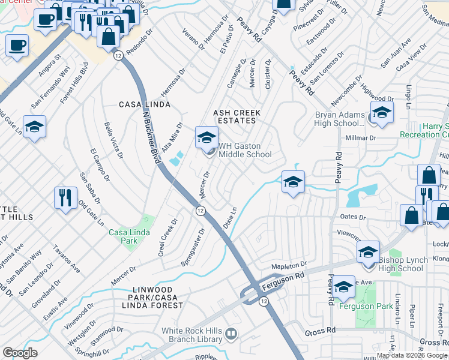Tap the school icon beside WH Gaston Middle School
coord(206,137)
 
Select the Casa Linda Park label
coord(123,236)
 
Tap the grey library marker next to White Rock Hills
coord(231,333)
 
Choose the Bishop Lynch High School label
coord(401,265)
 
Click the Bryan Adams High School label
coord(340,119)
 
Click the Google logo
coord(20,353)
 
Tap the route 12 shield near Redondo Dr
coord(118,55)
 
